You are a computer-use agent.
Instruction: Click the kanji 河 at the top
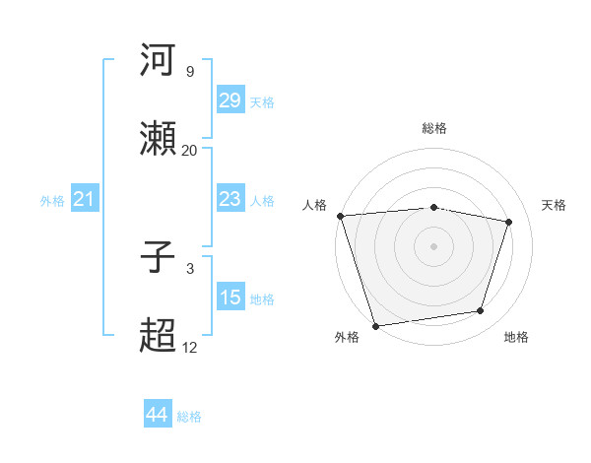tap(160, 61)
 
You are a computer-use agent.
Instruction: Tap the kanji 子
tap(160, 259)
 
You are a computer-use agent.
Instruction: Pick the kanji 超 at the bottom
tap(160, 337)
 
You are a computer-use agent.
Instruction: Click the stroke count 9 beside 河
tap(190, 72)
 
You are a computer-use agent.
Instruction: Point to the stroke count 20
tap(190, 150)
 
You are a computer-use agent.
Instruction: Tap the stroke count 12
tap(190, 348)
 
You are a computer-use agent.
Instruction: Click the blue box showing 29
tap(230, 100)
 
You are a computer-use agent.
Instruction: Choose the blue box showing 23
tap(230, 199)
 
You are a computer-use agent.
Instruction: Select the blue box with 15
tap(230, 298)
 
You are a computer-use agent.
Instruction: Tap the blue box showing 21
tap(85, 200)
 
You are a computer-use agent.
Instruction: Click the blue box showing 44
tap(157, 415)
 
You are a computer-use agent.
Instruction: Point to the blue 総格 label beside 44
tap(189, 417)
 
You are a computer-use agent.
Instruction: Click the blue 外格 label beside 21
tap(52, 201)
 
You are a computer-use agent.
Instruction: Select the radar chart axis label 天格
tap(555, 205)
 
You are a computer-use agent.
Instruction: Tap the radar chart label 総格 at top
tap(434, 128)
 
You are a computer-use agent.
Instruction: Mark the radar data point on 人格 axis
tap(340, 216)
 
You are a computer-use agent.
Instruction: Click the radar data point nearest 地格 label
tap(481, 311)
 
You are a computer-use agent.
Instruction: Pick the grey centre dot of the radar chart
tap(434, 245)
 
